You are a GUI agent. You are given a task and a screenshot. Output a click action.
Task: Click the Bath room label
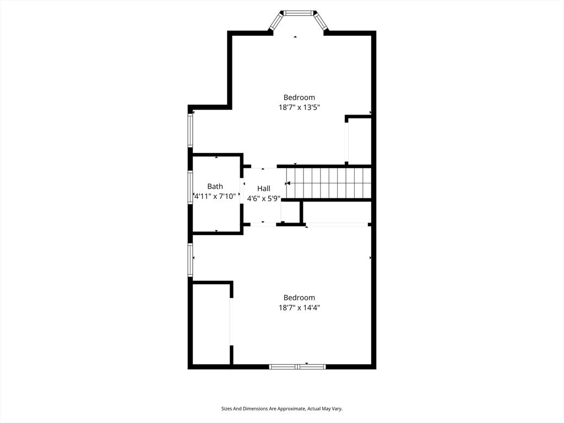(x=215, y=186)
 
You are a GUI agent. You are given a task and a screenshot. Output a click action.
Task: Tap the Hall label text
(x=264, y=188)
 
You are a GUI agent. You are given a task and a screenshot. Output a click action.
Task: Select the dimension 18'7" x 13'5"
(x=299, y=107)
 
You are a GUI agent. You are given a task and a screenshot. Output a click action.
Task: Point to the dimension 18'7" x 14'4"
(x=299, y=308)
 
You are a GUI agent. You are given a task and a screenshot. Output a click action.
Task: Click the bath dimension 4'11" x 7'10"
(x=215, y=196)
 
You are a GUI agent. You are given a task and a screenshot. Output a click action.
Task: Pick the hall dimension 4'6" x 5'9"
(x=264, y=198)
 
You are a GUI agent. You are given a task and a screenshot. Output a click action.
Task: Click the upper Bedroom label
(x=299, y=97)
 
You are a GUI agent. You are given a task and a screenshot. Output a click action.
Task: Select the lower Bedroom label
(x=299, y=297)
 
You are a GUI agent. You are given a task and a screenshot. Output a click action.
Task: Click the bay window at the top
(x=298, y=13)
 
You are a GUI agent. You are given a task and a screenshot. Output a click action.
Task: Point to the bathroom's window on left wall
(x=191, y=187)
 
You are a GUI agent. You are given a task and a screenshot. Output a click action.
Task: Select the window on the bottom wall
(x=297, y=366)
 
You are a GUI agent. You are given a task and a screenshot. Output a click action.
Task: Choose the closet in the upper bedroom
(x=359, y=140)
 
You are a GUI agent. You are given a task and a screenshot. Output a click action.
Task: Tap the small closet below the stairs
(x=290, y=212)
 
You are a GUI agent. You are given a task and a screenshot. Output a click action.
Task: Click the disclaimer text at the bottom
(x=281, y=409)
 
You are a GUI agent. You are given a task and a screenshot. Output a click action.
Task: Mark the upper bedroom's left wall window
(x=191, y=131)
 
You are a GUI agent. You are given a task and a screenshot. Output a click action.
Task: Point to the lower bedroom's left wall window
(x=191, y=260)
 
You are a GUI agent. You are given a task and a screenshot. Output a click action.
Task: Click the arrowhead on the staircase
(x=288, y=183)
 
